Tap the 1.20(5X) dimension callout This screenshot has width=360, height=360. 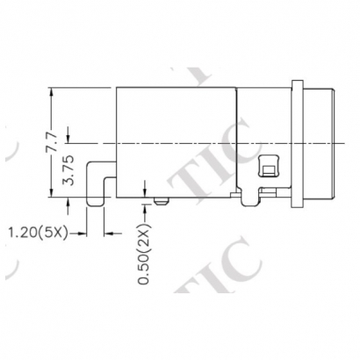pyautogui.click(x=39, y=233)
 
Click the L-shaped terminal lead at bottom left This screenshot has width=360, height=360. pyautogui.click(x=97, y=189)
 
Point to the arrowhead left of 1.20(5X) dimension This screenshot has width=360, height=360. pyautogui.click(x=82, y=233)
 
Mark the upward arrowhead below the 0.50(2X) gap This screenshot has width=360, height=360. pyautogui.click(x=145, y=209)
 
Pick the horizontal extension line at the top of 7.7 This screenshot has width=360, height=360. pyautogui.click(x=83, y=87)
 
